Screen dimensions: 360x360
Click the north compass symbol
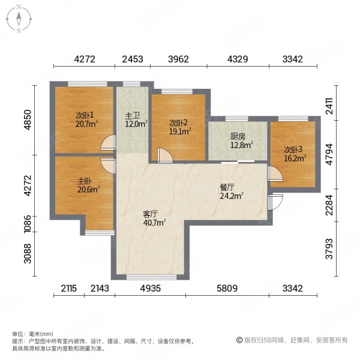[19, 19]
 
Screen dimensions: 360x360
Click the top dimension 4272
[85, 59]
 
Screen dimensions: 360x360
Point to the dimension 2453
[133, 59]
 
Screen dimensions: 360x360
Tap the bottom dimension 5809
[227, 289]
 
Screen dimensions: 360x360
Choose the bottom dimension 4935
[151, 289]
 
